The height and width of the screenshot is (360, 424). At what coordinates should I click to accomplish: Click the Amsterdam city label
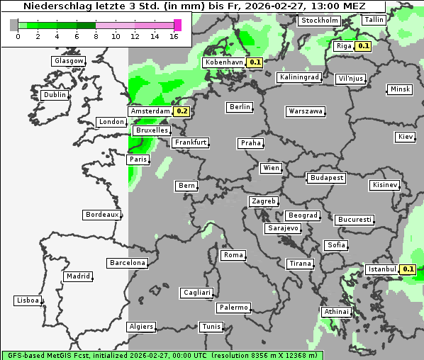click(150, 111)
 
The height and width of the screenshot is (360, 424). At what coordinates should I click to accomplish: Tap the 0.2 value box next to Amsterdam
click(182, 111)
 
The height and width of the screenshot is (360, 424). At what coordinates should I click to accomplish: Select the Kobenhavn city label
click(223, 62)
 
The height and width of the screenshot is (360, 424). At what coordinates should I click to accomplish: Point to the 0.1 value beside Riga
click(363, 46)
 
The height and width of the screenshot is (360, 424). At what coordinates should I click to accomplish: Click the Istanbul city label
click(381, 269)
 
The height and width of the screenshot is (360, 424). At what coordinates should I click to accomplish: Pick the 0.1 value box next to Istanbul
click(408, 269)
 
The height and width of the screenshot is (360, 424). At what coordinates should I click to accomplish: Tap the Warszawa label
click(306, 111)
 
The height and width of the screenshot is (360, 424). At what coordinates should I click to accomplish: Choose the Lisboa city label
click(27, 300)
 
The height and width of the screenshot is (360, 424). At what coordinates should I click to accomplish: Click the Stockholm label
click(318, 21)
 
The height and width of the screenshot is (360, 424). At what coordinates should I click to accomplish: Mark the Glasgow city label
click(69, 61)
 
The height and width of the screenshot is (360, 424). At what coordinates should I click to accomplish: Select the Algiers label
click(140, 327)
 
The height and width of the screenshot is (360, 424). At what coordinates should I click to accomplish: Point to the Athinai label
click(336, 312)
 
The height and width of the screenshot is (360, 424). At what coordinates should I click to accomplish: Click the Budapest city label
click(326, 177)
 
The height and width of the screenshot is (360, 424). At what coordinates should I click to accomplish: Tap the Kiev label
click(406, 136)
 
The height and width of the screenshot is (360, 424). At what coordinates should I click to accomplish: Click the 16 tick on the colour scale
click(174, 36)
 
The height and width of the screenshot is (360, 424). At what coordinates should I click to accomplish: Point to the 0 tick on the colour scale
click(17, 36)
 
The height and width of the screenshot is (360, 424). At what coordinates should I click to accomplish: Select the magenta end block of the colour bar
click(177, 25)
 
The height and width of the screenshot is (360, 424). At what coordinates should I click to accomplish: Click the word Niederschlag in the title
click(54, 6)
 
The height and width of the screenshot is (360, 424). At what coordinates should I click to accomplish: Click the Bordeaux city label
click(101, 215)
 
